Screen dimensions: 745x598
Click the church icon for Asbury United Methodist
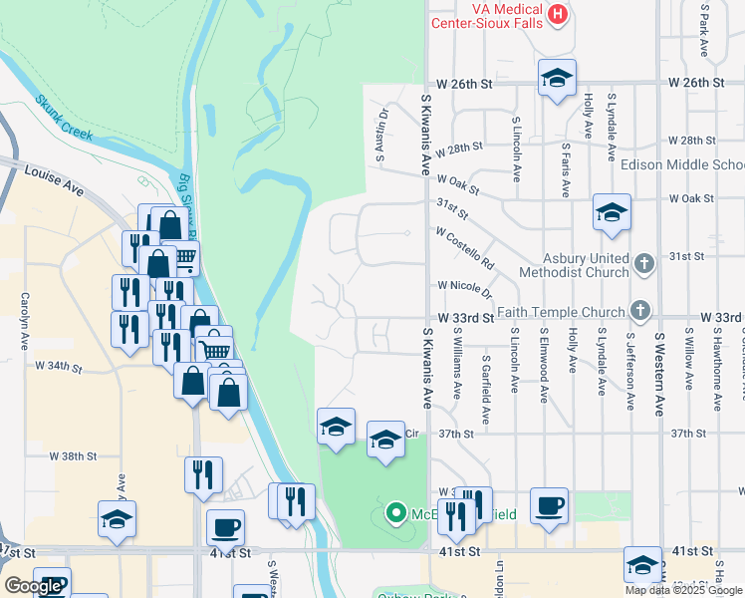(x=643, y=262)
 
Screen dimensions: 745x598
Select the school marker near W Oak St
(x=612, y=212)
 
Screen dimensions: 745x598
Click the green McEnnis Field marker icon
(x=395, y=514)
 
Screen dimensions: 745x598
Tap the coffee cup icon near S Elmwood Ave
(x=548, y=506)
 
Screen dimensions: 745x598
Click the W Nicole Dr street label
(x=465, y=289)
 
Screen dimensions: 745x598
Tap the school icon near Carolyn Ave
(x=117, y=519)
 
